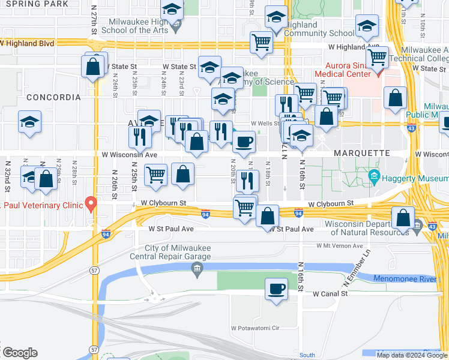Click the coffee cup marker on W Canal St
pos(276,290)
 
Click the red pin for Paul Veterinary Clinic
pos(91,204)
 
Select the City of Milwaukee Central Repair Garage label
pos(177,253)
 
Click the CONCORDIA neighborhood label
pos(53,97)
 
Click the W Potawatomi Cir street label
pos(256,328)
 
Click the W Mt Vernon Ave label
pos(340,246)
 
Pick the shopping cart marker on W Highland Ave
pos(262,43)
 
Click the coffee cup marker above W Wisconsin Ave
pos(243,143)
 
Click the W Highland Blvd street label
pos(27,44)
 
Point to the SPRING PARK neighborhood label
pos(34,4)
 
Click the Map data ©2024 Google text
pos(412,355)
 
